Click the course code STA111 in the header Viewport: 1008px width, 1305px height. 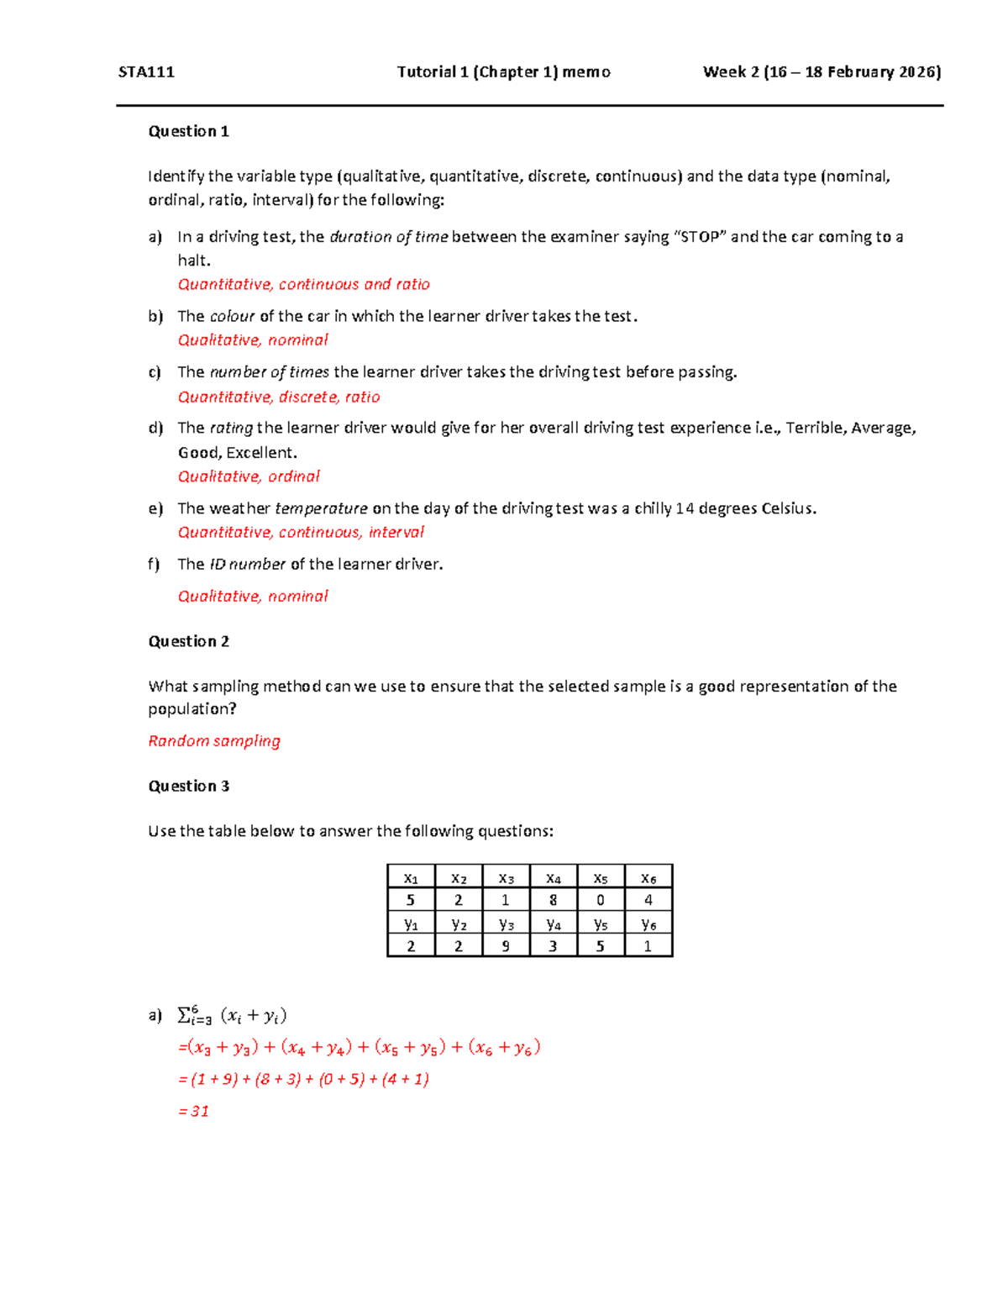[x=146, y=72]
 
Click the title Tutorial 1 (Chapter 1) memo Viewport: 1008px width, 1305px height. [x=503, y=72]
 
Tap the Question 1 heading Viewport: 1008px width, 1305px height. [x=188, y=131]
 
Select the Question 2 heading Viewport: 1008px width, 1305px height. [x=188, y=641]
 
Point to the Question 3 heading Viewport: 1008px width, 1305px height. [x=188, y=786]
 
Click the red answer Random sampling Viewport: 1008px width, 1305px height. [x=214, y=740]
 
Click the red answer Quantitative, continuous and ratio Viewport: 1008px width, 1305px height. [x=303, y=284]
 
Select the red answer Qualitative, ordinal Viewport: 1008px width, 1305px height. [x=249, y=476]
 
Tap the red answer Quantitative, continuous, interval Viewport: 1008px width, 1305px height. [x=301, y=532]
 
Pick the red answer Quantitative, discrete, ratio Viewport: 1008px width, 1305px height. [x=278, y=397]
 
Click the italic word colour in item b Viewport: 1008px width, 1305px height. [x=232, y=316]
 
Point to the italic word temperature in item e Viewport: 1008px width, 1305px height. [x=321, y=508]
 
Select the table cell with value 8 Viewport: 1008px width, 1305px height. [x=553, y=900]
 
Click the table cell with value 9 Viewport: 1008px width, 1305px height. [x=505, y=946]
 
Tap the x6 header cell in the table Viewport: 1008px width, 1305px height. [x=648, y=878]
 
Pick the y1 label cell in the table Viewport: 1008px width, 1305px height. [x=411, y=923]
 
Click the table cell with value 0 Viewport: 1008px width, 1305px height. [x=600, y=900]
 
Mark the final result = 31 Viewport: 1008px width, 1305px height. [x=194, y=1111]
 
